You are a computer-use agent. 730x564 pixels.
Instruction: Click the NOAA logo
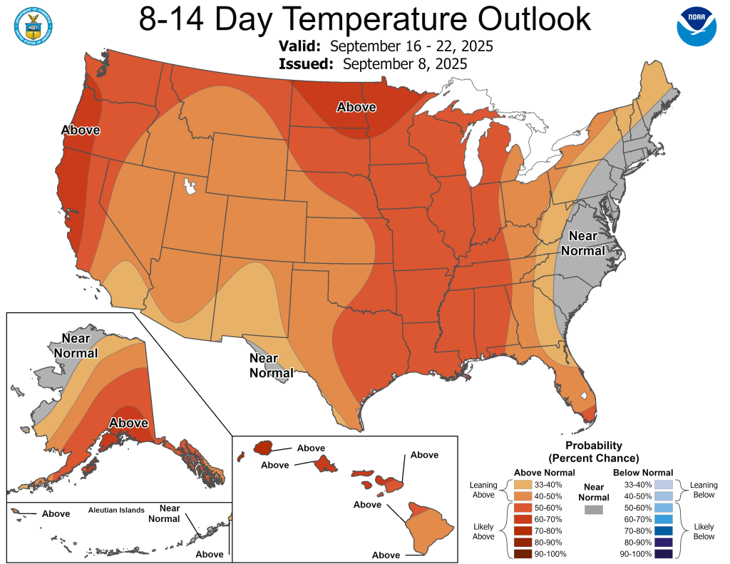696,27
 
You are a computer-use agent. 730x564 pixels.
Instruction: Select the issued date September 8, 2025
404,63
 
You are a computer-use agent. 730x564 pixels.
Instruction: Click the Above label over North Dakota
356,107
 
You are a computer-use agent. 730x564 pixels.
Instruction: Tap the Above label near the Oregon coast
81,130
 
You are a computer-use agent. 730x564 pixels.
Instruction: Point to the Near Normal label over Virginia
583,243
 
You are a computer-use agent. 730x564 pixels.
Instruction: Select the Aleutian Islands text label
116,511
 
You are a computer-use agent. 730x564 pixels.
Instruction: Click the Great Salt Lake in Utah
190,187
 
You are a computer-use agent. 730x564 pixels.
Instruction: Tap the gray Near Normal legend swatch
592,510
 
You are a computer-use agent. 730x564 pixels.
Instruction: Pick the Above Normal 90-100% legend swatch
524,553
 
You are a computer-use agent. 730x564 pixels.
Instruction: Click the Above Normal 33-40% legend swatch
524,485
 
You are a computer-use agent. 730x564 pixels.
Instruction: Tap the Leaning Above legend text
483,491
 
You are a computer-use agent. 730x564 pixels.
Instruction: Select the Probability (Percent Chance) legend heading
594,451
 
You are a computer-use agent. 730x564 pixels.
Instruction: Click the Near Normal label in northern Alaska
81,344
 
